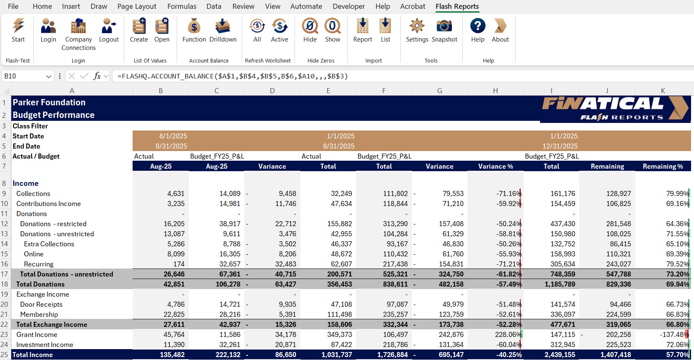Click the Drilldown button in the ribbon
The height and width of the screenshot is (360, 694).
(223, 31)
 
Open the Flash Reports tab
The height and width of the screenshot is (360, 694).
(457, 6)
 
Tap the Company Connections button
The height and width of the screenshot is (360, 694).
(78, 34)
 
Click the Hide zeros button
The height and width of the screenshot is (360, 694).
(310, 31)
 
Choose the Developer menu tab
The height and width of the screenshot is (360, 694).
(349, 6)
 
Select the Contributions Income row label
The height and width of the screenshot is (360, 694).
(48, 203)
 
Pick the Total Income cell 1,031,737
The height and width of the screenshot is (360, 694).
(337, 355)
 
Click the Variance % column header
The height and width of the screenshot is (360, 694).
(495, 166)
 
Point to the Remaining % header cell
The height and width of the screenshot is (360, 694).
(663, 166)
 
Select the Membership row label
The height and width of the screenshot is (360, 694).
(39, 314)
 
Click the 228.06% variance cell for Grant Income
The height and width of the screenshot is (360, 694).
(508, 334)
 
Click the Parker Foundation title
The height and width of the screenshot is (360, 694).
(49, 102)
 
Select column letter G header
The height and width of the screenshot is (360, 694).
(439, 91)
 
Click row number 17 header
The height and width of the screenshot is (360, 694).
(5, 274)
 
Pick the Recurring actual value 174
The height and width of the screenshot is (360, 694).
(179, 264)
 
